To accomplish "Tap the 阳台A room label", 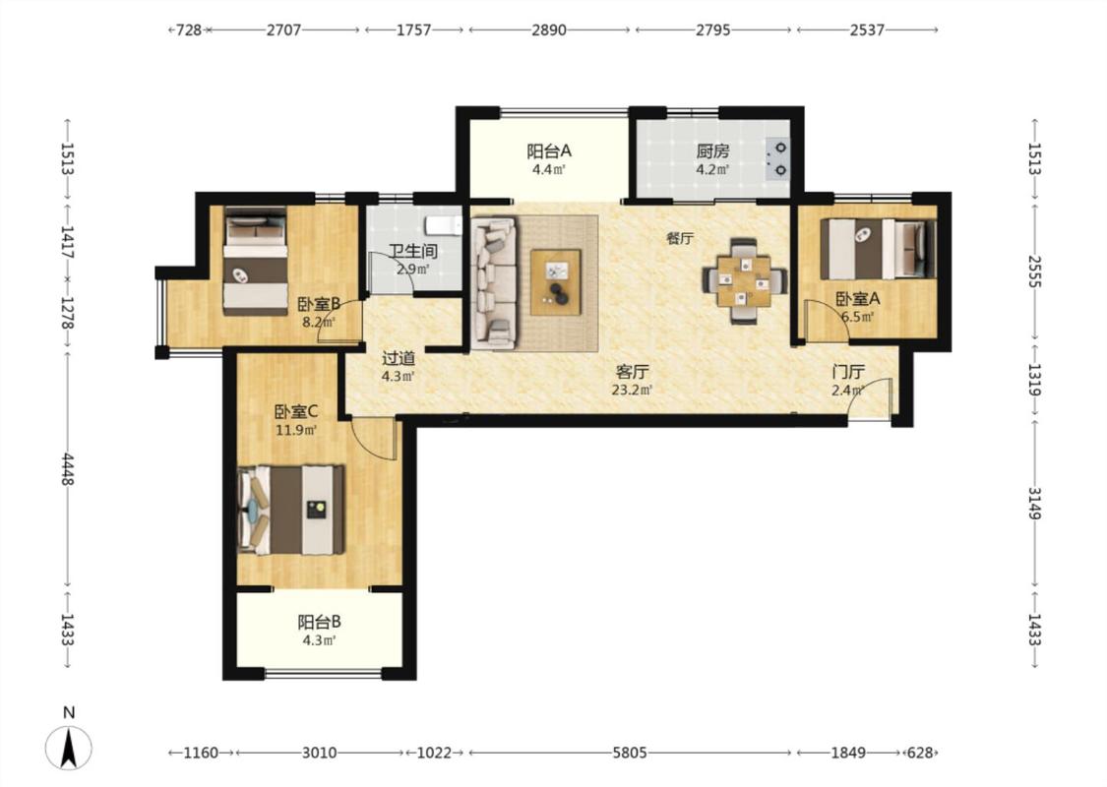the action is coord(548,151).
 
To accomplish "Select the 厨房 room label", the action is coord(712,151).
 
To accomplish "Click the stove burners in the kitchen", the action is coord(778,158).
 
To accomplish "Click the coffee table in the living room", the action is coord(556,281).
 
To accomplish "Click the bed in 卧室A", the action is coord(878,249).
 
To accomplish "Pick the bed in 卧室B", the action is coord(256,261).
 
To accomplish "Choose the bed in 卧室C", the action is coord(291,509).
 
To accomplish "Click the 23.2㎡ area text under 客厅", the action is coord(632,389).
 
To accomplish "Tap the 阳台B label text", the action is coord(319,622).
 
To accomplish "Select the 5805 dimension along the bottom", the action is coord(630,753).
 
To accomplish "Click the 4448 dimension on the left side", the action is coord(68,469).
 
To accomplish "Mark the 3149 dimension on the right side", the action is coord(1033,503).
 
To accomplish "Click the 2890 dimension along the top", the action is coord(548,30).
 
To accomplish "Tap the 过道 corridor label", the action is coord(399,358).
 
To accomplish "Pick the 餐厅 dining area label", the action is coord(680,239).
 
